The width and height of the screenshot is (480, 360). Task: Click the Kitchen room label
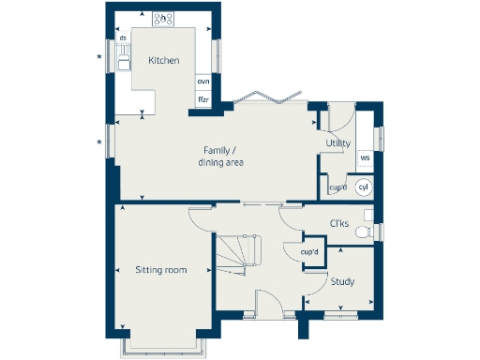[164, 62]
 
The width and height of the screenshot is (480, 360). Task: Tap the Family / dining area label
[221, 157]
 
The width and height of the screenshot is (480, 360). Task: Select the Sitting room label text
[159, 270]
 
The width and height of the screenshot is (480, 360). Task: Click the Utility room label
[337, 143]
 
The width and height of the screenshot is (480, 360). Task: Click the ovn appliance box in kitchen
[202, 82]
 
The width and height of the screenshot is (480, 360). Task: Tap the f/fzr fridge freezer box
[202, 98]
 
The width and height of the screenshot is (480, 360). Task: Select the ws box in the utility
[365, 158]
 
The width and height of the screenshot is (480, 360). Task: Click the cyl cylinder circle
[364, 187]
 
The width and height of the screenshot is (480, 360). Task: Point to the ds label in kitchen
[123, 38]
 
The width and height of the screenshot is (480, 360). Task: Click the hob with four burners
[164, 18]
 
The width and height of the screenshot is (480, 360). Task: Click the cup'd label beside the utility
[337, 187]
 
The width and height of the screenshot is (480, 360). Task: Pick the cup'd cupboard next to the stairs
[309, 253]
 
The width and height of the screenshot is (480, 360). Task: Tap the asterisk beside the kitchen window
[99, 59]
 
